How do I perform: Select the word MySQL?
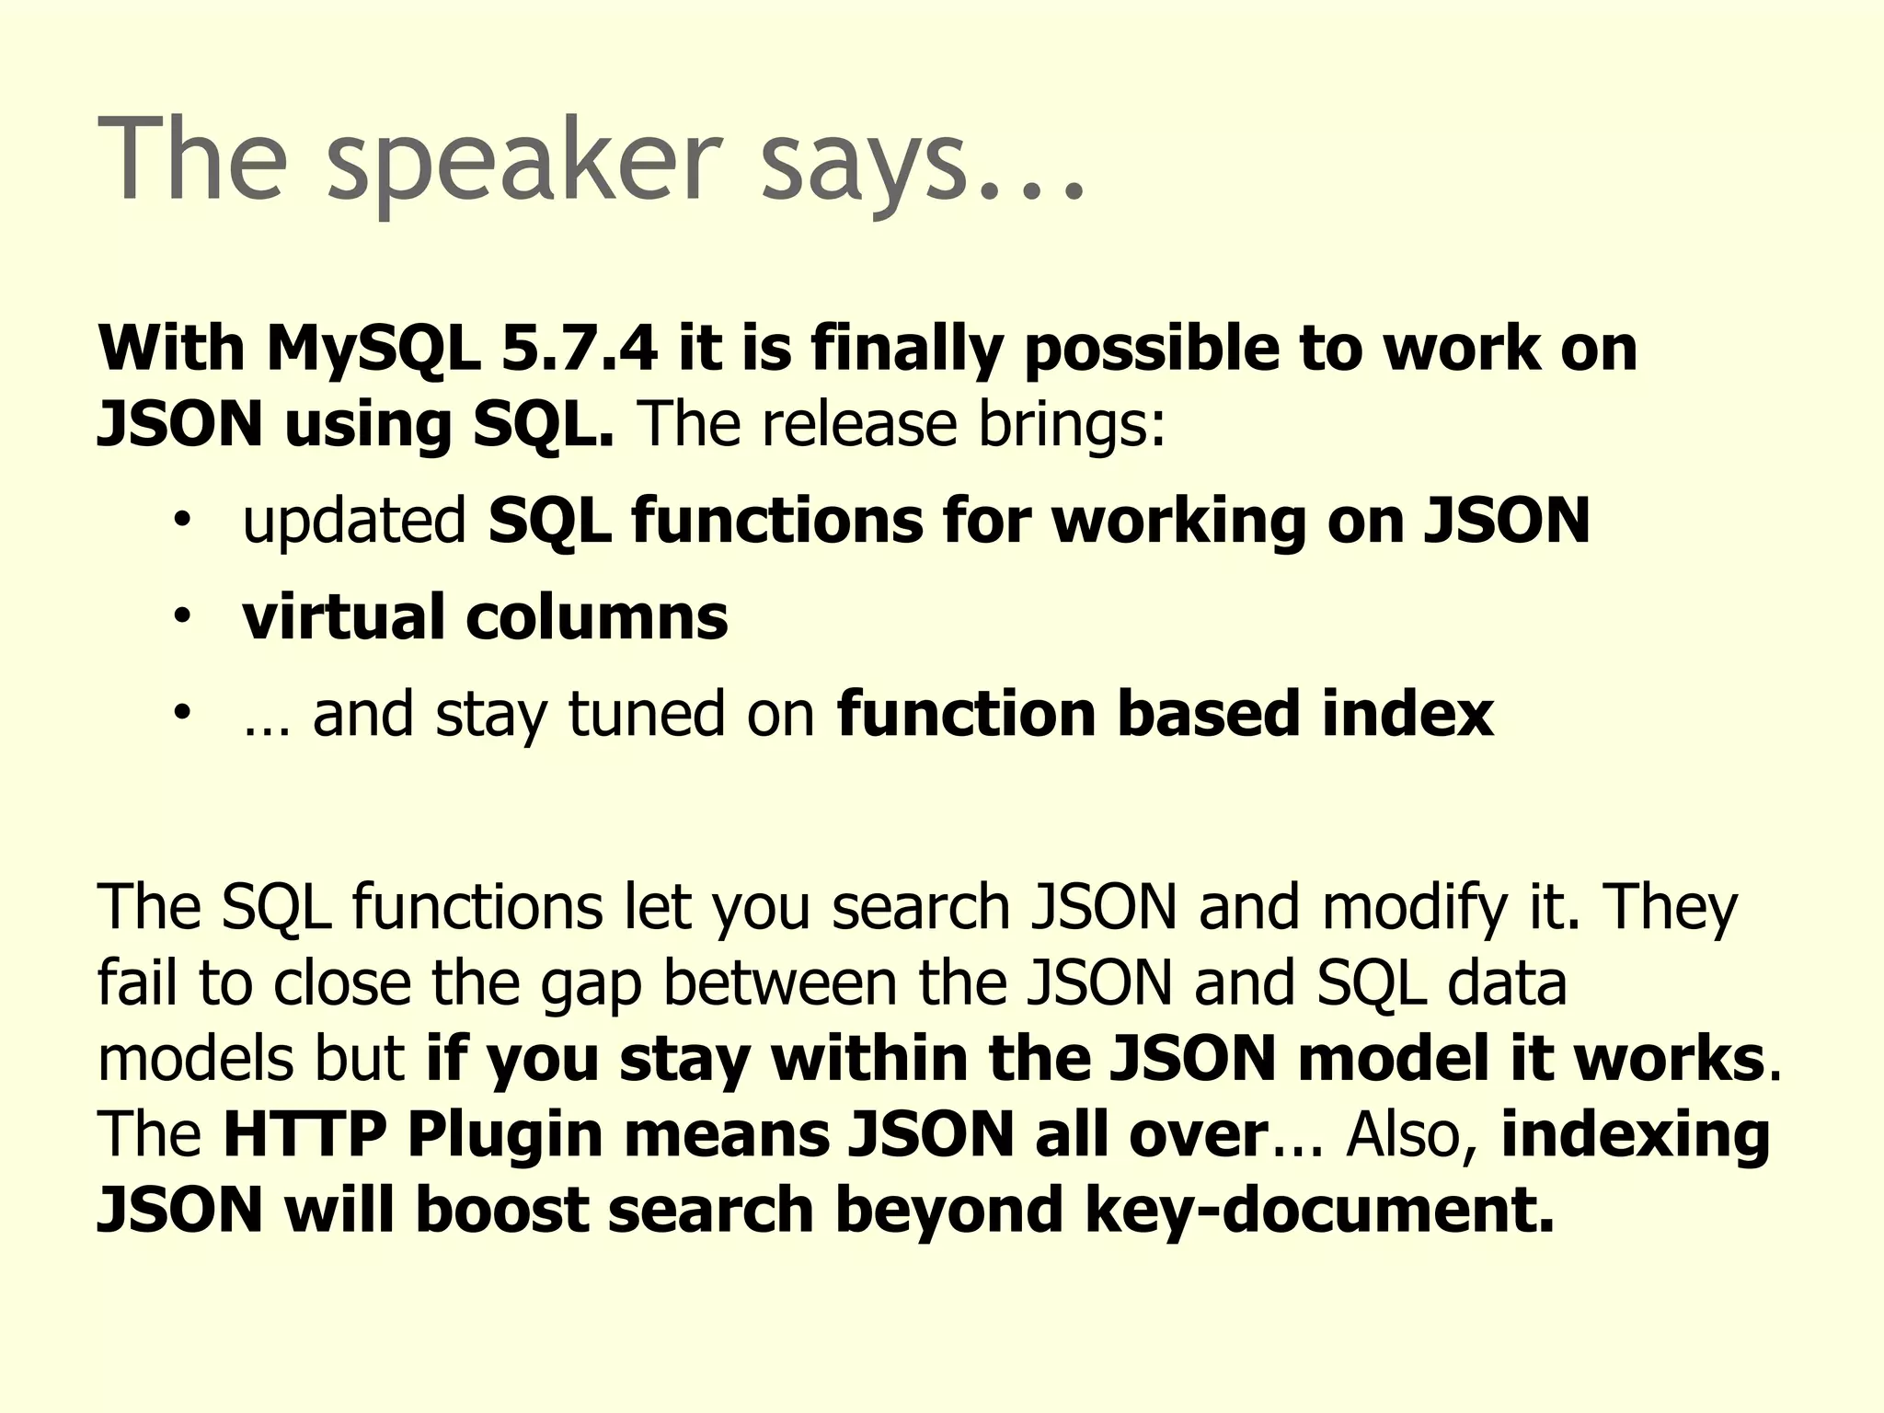click(x=373, y=350)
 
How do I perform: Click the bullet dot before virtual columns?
click(x=182, y=615)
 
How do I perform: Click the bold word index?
click(x=1407, y=714)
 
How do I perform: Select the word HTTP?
click(x=304, y=1134)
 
